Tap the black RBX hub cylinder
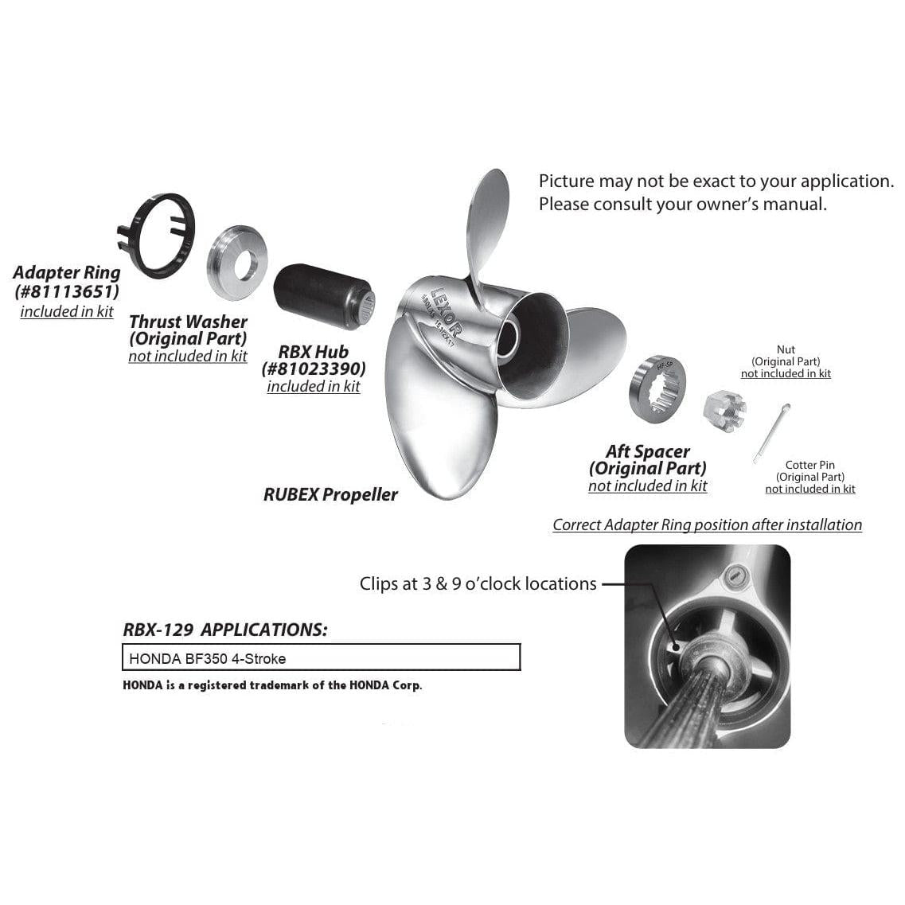click(x=324, y=296)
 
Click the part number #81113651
click(x=67, y=291)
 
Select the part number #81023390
click(x=314, y=369)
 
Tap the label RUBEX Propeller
click(x=330, y=494)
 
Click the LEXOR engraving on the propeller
click(x=445, y=312)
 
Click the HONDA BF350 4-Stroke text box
click(x=322, y=657)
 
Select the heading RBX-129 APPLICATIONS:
click(x=225, y=629)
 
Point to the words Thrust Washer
click(x=188, y=322)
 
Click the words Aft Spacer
click(x=648, y=451)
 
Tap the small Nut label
click(x=786, y=349)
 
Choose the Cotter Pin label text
click(x=809, y=465)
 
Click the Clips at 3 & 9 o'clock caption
click(x=478, y=583)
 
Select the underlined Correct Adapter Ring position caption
click(x=707, y=525)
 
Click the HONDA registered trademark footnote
click(x=272, y=685)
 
